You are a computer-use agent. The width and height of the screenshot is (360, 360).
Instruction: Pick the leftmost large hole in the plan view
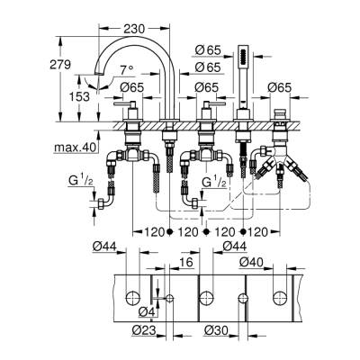[133, 298]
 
